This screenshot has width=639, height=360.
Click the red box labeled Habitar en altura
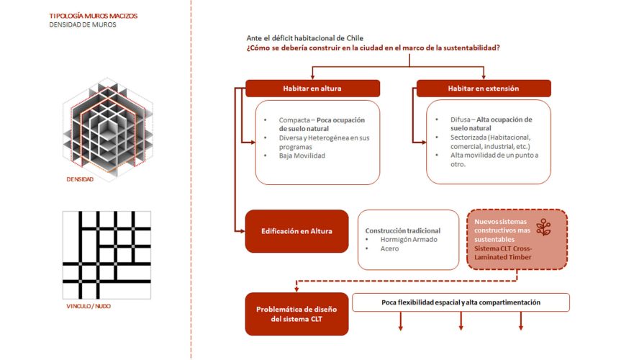(x=312, y=88)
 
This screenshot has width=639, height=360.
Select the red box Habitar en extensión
(x=484, y=88)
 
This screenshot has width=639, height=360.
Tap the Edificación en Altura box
(x=296, y=231)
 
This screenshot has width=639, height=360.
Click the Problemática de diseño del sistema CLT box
(x=296, y=314)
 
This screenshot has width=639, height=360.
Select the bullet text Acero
(x=389, y=248)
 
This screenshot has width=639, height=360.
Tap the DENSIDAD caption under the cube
(x=79, y=179)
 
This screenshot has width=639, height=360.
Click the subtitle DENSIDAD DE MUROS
(x=83, y=24)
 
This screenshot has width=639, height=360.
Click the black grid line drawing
(x=106, y=255)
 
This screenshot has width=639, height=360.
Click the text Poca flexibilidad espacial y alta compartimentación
(x=461, y=302)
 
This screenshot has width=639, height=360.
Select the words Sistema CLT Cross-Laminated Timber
(x=504, y=251)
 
